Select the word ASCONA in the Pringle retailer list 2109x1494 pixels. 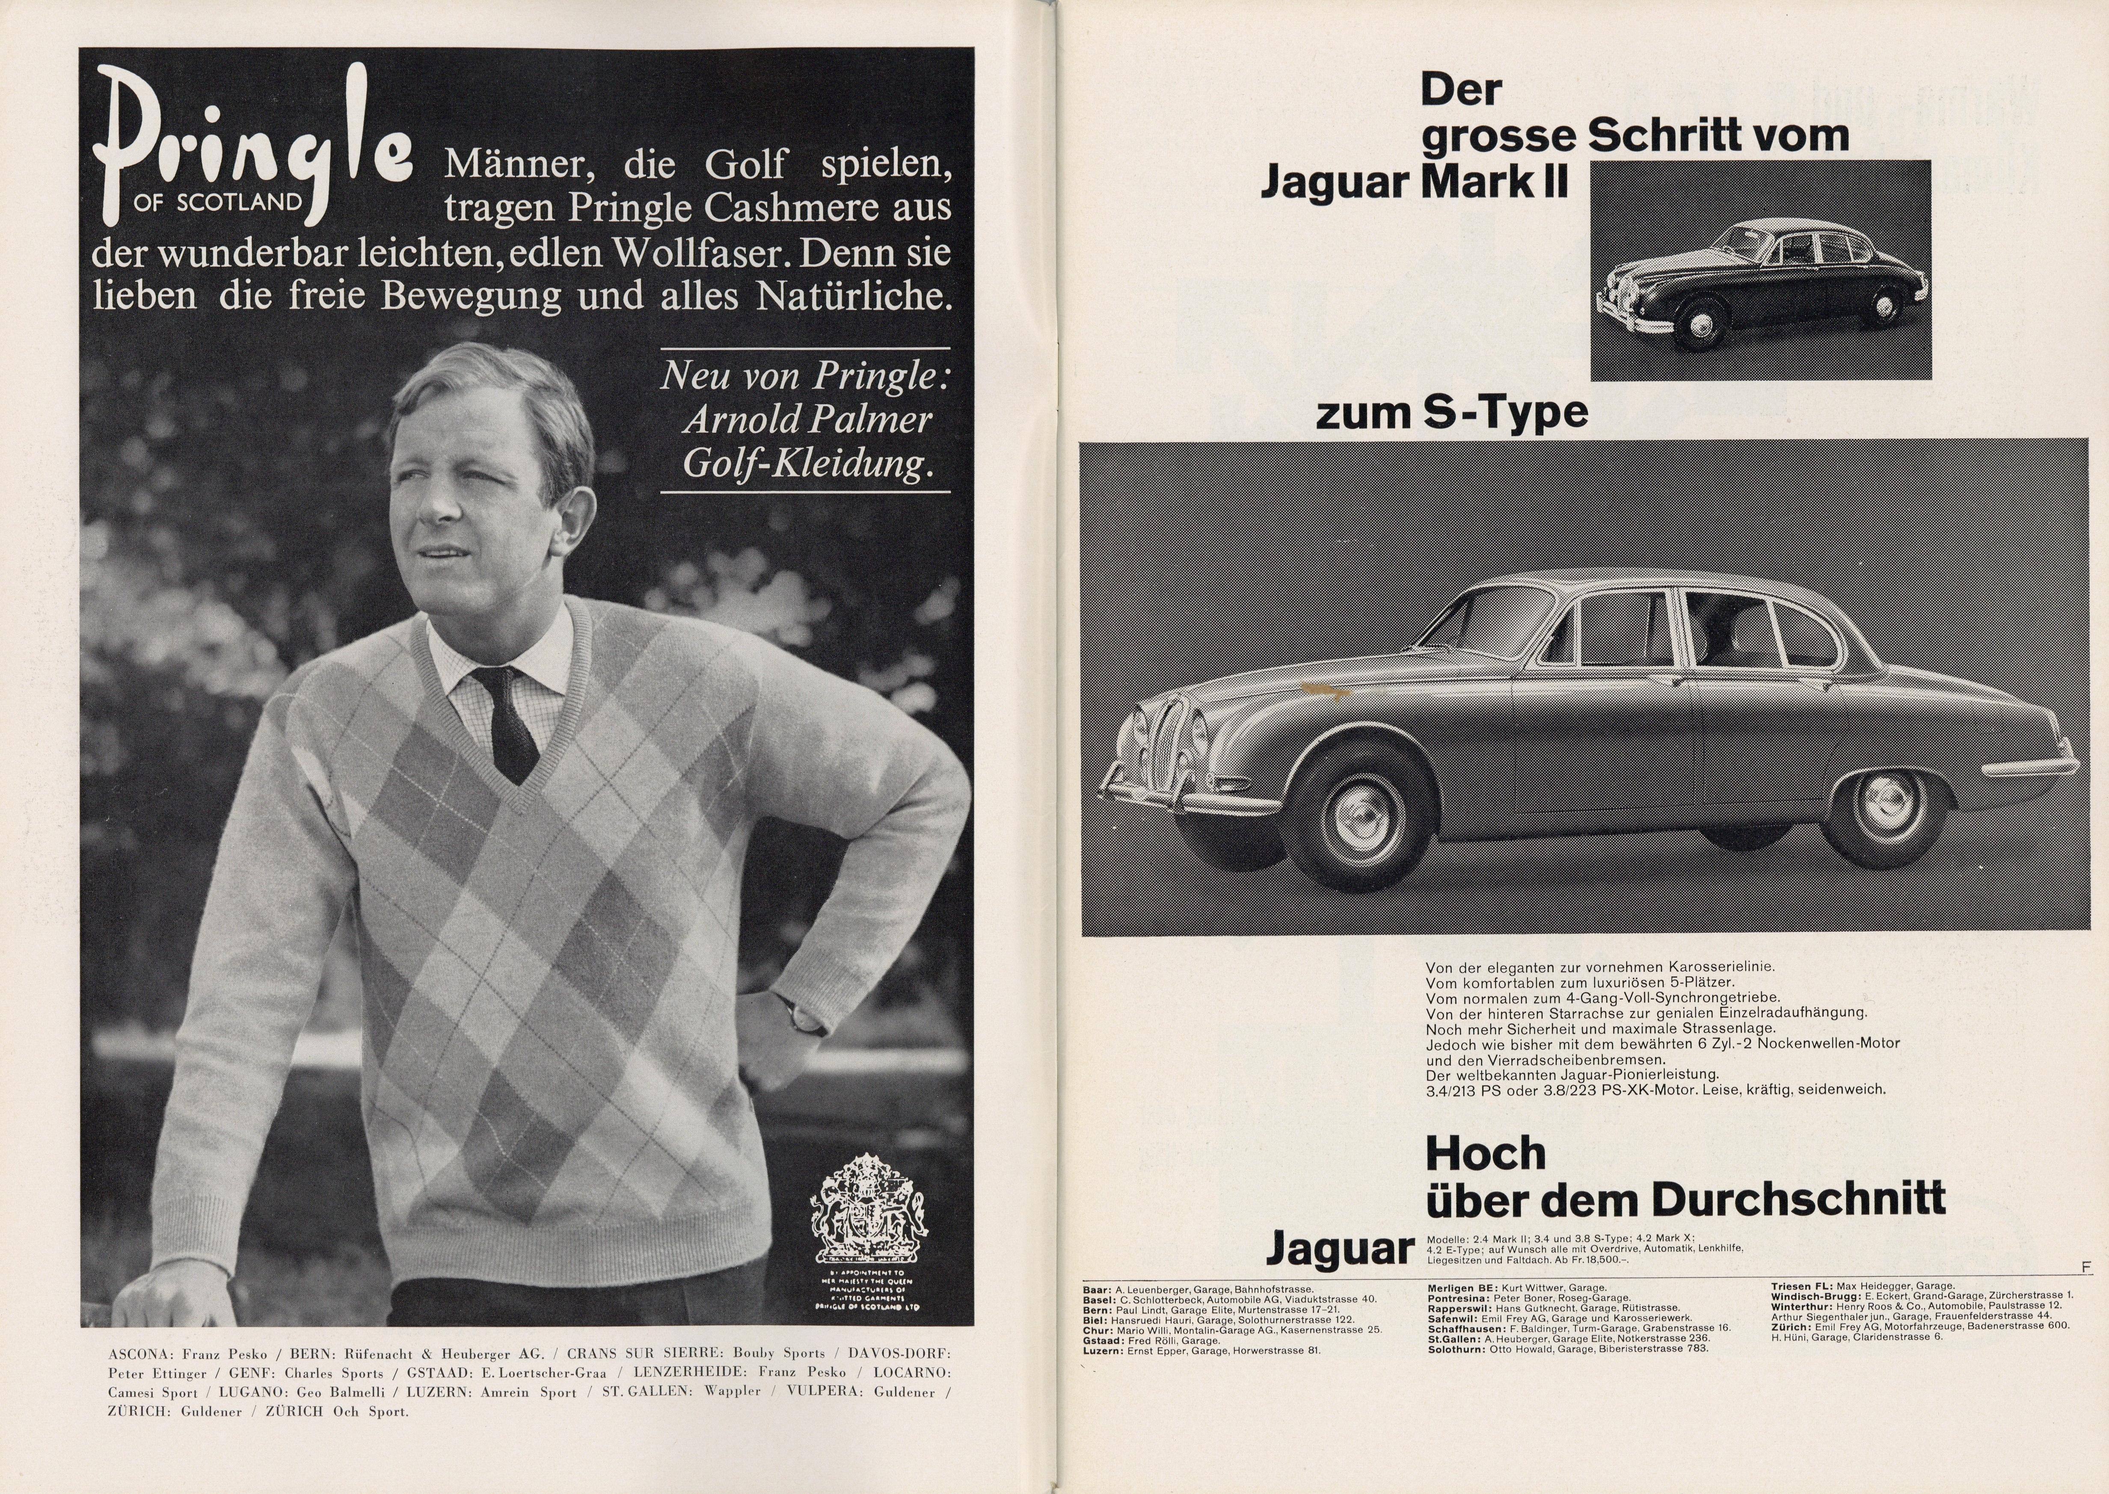pyautogui.click(x=141, y=1354)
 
